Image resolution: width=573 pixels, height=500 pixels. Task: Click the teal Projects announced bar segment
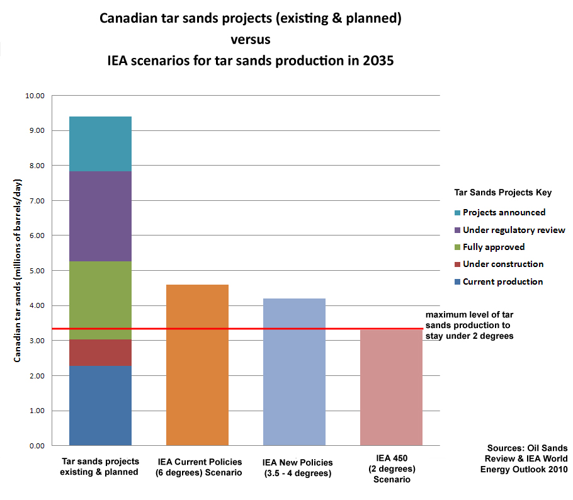tap(100, 144)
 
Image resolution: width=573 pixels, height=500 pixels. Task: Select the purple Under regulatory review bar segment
tap(100, 216)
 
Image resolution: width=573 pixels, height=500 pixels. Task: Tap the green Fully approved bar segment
tap(100, 300)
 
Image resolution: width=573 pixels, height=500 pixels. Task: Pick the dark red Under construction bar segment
tap(100, 353)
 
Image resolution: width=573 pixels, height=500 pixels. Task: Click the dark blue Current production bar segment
tap(100, 406)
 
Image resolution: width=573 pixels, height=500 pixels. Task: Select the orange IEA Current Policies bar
tap(197, 365)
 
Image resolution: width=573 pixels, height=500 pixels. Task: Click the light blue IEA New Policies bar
tap(294, 372)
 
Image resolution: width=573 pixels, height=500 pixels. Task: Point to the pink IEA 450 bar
tap(392, 388)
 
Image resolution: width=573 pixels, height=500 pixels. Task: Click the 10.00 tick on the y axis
tap(35, 96)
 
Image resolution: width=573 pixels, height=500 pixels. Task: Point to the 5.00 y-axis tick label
tap(37, 271)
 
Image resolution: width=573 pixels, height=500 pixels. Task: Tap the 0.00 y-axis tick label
tap(37, 446)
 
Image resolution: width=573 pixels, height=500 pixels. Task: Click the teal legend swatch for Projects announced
tap(457, 213)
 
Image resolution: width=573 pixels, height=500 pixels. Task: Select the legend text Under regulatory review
tap(514, 230)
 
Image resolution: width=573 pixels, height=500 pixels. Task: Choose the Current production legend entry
tap(499, 281)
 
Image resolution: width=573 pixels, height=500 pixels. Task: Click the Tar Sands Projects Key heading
tap(503, 192)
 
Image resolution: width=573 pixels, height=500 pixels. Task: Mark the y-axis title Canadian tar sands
tap(17, 271)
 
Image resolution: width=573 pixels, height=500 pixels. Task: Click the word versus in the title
tap(251, 40)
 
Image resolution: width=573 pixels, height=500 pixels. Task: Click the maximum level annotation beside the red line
tap(469, 326)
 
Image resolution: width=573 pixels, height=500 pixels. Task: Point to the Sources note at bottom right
tap(524, 458)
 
